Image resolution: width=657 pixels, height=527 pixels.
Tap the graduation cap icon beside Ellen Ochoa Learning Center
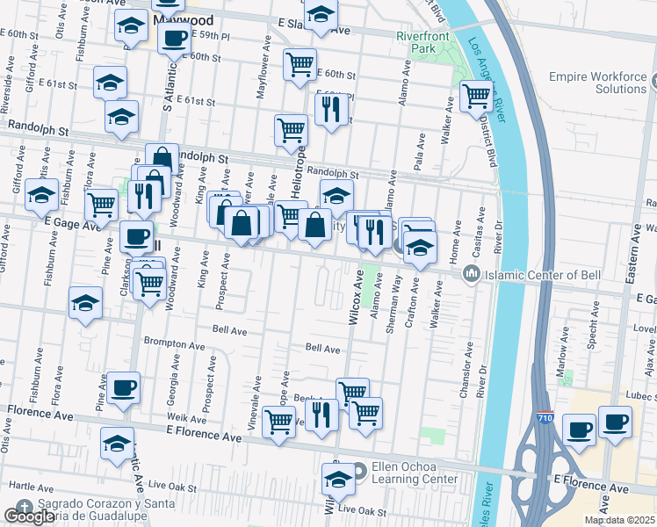pos(338,478)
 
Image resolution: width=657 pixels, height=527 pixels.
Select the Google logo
pos(30,516)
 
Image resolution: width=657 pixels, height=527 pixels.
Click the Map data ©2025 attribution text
pos(620,520)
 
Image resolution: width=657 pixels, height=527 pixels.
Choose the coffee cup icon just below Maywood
pos(175,39)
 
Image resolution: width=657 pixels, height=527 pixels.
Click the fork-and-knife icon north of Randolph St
pos(331,108)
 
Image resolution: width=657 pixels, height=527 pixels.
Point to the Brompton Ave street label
pos(162,341)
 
